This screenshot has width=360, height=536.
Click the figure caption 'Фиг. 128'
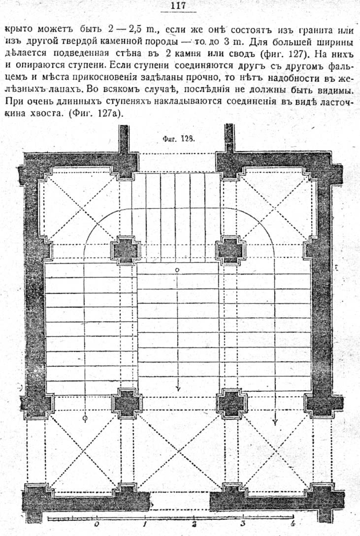[178, 139]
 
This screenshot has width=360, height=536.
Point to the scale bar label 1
[145, 524]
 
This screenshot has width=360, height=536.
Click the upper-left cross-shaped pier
[126, 250]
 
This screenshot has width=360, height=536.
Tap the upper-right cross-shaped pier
[231, 250]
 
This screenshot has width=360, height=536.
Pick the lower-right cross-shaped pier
[232, 404]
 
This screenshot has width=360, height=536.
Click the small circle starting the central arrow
[177, 270]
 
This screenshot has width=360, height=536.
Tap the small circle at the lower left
[85, 418]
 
